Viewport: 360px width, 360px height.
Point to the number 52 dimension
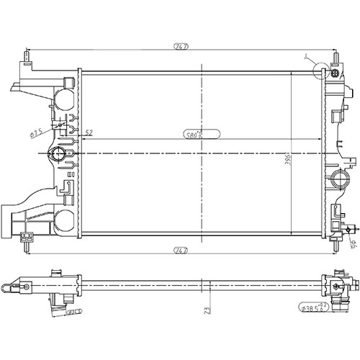pos(89,132)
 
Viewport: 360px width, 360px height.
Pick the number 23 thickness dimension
pos(207,311)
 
